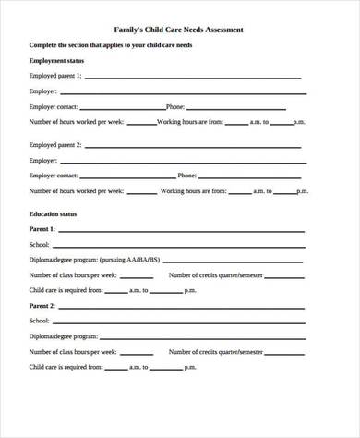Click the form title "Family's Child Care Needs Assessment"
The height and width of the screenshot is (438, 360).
[179, 30]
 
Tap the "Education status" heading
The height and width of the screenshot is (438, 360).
[53, 214]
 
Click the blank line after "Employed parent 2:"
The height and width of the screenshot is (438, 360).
[194, 145]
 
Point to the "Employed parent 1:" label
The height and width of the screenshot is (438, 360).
[55, 75]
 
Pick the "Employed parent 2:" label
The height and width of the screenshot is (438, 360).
[55, 145]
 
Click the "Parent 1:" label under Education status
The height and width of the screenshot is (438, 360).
[42, 228]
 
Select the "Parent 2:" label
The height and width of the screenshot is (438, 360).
[42, 305]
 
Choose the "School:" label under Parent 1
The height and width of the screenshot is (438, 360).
[40, 244]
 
